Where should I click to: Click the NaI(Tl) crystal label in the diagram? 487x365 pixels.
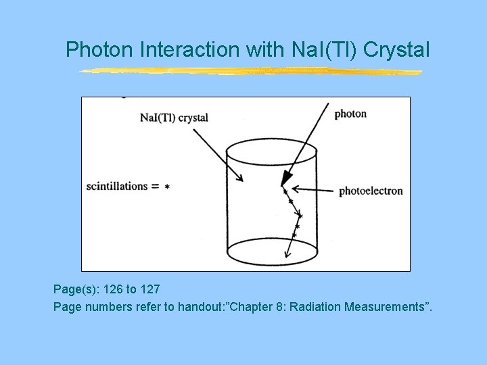click(x=174, y=117)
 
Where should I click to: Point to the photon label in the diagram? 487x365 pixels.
click(x=350, y=114)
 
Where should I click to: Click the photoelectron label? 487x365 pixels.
click(x=370, y=191)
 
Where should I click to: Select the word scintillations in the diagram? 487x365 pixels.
click(x=117, y=186)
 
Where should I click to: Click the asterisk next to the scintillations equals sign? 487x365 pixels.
click(x=167, y=187)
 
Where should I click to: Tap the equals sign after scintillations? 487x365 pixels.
click(x=155, y=187)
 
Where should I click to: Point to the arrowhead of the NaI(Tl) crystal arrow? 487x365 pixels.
click(x=239, y=178)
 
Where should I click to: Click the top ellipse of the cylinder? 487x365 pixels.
click(x=271, y=153)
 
